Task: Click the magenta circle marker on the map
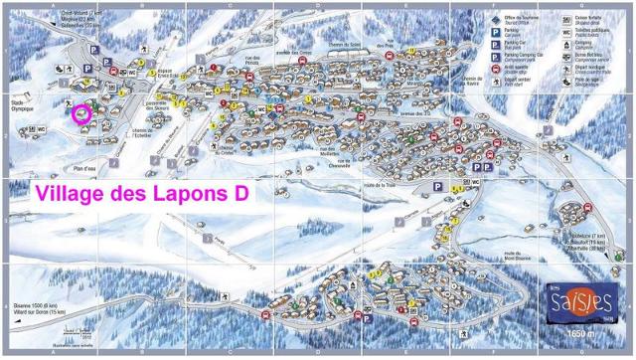click(80, 113)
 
